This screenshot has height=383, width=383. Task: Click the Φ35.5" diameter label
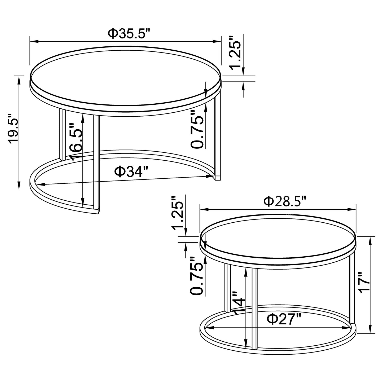pyautogui.click(x=129, y=34)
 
